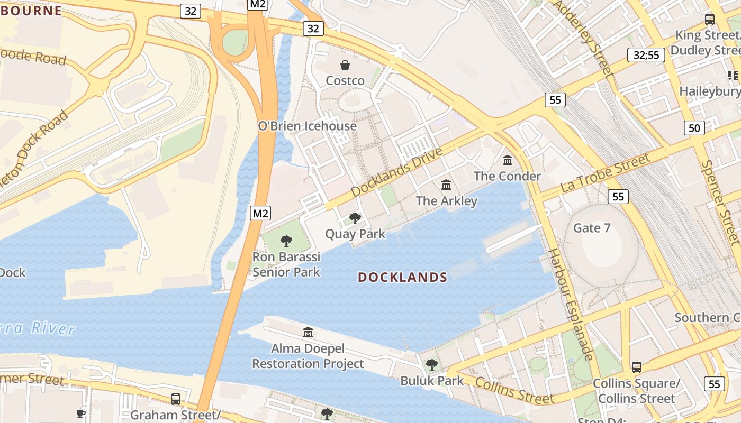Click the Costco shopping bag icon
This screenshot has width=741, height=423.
click(x=345, y=65)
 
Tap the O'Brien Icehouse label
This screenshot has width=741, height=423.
click(x=307, y=126)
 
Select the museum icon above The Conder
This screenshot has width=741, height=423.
click(x=508, y=160)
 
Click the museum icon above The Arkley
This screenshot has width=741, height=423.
click(x=446, y=185)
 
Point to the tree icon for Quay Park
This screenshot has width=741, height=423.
click(x=355, y=218)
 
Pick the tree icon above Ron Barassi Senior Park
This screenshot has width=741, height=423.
click(x=286, y=241)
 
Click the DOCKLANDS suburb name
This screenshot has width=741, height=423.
click(x=403, y=277)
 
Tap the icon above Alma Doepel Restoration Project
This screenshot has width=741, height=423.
click(x=308, y=333)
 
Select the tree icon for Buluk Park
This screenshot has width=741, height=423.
click(x=432, y=364)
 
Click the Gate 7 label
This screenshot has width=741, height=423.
click(x=592, y=228)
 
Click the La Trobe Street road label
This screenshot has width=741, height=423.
click(x=605, y=172)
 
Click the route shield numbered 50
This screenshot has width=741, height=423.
click(x=694, y=127)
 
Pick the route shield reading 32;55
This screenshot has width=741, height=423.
click(x=646, y=55)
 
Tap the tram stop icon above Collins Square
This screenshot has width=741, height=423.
click(x=637, y=367)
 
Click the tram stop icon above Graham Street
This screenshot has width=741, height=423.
click(x=176, y=399)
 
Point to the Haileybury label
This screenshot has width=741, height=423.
click(x=710, y=91)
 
